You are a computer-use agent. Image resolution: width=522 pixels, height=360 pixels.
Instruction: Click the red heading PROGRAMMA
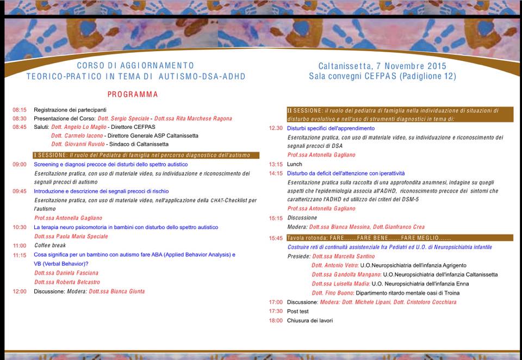tap(133, 95)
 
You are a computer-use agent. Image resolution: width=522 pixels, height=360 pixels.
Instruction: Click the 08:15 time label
tap(20, 110)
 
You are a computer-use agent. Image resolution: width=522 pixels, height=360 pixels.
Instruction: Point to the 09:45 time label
tap(20, 191)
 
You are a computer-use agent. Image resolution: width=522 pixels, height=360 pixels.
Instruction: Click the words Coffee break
tap(50, 246)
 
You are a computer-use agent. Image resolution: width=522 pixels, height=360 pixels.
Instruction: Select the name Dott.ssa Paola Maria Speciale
tap(71, 237)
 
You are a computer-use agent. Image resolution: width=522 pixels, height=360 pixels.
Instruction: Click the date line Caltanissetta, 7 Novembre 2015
tap(382, 66)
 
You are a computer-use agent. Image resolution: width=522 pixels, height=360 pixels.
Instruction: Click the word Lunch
tap(295, 164)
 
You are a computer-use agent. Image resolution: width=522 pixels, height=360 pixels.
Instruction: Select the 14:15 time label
tap(276, 173)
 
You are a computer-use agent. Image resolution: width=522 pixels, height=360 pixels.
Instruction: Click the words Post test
tap(298, 312)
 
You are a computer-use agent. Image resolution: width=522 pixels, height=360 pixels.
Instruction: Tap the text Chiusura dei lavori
tap(310, 321)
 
